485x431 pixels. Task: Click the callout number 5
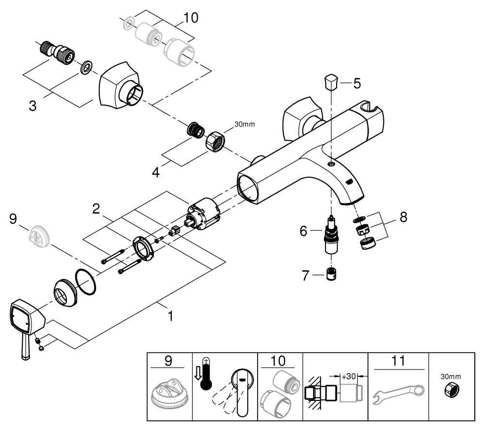click(x=356, y=83)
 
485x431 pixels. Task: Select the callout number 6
click(x=304, y=231)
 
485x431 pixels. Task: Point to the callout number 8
click(x=402, y=217)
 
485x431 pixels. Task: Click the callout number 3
click(x=32, y=106)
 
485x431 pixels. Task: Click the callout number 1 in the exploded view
click(x=170, y=316)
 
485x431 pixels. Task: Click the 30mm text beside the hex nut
click(x=244, y=124)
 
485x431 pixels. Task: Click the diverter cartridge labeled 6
click(x=332, y=237)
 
